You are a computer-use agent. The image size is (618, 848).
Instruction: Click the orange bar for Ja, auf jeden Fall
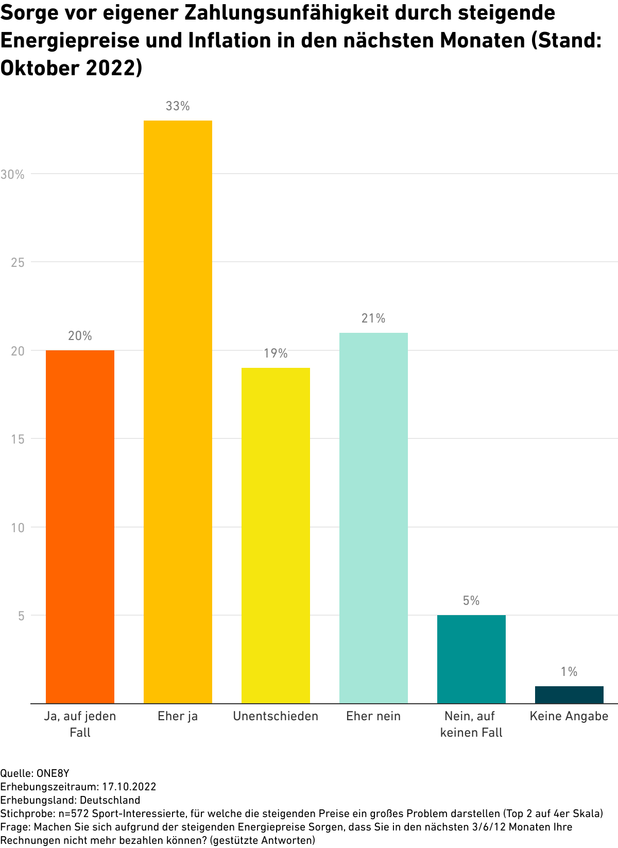tap(80, 527)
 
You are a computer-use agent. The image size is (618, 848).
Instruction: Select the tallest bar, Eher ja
tap(178, 412)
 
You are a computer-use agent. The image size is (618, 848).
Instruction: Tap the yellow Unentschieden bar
tap(276, 536)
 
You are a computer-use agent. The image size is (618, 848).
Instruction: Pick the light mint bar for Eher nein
tap(373, 518)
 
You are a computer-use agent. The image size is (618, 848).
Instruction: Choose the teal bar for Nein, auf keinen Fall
tap(471, 659)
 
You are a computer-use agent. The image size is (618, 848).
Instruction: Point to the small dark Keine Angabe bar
tap(569, 694)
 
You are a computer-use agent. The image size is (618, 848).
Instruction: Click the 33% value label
tap(178, 106)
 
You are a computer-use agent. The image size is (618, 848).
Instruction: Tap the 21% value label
tap(373, 318)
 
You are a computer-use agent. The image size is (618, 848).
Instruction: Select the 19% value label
tap(276, 353)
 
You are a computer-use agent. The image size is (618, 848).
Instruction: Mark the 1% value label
tap(569, 672)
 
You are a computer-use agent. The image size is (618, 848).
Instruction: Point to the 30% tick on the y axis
tap(13, 175)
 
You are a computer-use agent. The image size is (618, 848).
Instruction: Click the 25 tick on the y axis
tap(18, 263)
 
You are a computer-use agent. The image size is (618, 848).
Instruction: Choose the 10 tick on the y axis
tap(18, 528)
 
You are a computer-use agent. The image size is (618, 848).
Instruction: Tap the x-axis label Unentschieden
tap(276, 716)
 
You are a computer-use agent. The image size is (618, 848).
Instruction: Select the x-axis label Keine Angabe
tap(569, 716)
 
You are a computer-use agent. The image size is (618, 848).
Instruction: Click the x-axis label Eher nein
tap(373, 716)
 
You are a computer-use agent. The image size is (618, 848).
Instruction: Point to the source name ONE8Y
tap(53, 773)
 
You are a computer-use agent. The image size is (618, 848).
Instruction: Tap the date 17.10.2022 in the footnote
tap(129, 787)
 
